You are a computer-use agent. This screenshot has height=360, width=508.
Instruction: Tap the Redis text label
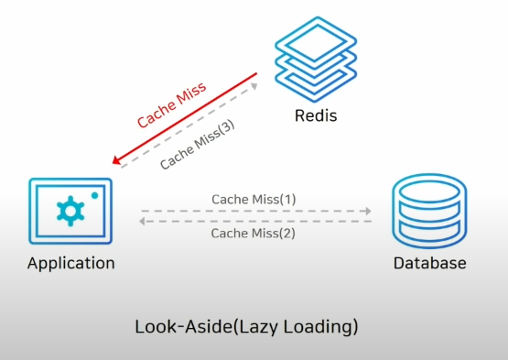coord(316,115)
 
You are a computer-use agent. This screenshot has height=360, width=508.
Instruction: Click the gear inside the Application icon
coord(70,211)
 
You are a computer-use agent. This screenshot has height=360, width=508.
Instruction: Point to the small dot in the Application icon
coord(94,195)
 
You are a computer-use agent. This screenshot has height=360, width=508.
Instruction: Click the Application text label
coord(71,263)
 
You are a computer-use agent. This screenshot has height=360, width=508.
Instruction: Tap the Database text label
coord(430,263)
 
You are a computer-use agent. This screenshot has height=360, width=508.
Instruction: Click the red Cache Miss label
coord(172,104)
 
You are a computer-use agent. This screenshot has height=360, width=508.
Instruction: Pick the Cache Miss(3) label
coord(198,145)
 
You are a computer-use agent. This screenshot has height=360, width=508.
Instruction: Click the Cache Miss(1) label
coord(254,200)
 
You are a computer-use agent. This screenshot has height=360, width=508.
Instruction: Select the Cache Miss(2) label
coord(253,234)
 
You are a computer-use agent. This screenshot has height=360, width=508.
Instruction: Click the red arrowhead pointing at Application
coord(116,159)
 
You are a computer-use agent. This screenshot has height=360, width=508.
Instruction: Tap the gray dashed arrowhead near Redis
coord(254,86)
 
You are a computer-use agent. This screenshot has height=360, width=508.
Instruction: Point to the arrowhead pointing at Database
coord(368,211)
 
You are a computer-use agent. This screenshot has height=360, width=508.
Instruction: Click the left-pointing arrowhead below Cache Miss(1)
coord(142,221)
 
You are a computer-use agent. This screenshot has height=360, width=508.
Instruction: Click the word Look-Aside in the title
coord(184,326)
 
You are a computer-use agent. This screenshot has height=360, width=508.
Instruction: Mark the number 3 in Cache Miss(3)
coord(227,125)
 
